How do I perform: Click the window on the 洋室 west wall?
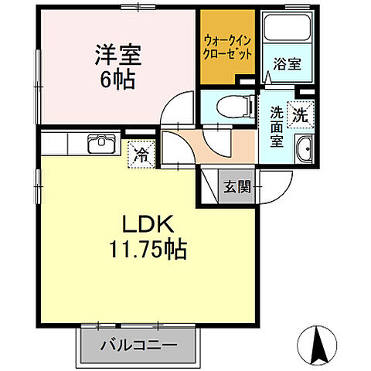37,77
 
